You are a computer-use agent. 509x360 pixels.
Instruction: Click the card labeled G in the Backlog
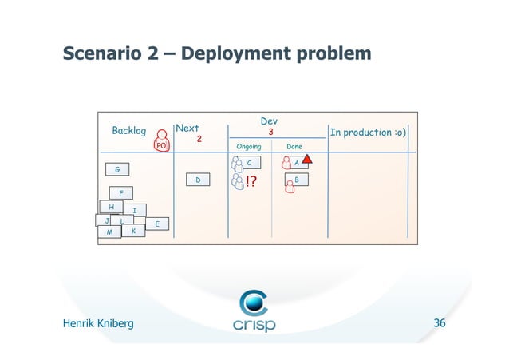coord(117,169)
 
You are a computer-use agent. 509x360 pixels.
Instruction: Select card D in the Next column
coord(198,181)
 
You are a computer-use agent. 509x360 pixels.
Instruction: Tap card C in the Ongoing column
coord(249,162)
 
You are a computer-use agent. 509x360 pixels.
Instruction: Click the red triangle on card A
coord(307,160)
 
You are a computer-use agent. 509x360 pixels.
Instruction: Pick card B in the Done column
coord(296,180)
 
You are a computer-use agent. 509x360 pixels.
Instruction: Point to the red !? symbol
coord(251,183)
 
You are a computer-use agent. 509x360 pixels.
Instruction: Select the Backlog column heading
coord(128,131)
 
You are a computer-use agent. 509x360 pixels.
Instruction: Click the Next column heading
coord(187,128)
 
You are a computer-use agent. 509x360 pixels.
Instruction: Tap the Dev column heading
coord(270,121)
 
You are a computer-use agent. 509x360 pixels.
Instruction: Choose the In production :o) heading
coord(367,132)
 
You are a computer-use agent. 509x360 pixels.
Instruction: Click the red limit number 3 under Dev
coord(270,132)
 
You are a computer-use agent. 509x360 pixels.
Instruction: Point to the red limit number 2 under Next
coord(199,139)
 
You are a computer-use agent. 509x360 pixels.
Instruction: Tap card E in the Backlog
coord(158,224)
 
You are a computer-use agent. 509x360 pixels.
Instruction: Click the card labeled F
coord(121,193)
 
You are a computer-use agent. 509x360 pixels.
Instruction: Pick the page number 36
coord(439,323)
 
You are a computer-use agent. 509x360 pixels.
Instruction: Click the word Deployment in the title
coord(237,54)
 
